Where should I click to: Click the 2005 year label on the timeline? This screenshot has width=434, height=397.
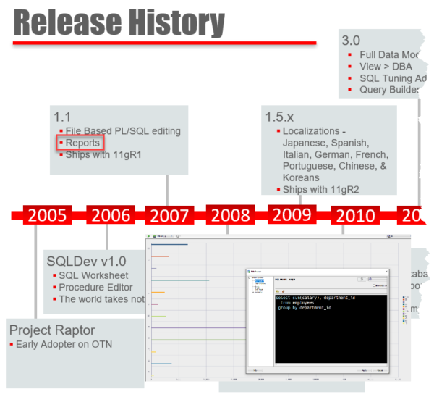(x=48, y=215)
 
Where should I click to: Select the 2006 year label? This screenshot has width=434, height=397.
(x=111, y=215)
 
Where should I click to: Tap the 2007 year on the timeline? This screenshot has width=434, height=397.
(x=169, y=215)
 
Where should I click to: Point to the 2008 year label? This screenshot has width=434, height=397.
(x=230, y=215)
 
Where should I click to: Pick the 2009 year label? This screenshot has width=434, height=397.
(x=292, y=214)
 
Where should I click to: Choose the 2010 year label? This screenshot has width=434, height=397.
(x=355, y=215)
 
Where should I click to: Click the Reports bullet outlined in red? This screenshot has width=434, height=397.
(x=82, y=143)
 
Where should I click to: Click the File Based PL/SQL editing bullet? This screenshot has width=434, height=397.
(x=123, y=131)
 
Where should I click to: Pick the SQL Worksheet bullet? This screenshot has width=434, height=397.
(x=94, y=275)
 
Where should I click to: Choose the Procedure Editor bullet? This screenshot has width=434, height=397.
(x=95, y=287)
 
